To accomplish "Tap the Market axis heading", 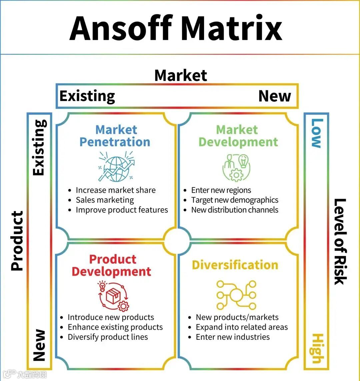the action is click(181, 75).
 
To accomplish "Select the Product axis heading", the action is click(17, 240).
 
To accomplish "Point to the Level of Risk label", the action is click(340, 241).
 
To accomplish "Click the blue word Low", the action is click(316, 133).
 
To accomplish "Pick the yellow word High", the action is click(316, 348).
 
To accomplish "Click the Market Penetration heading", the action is click(115, 136).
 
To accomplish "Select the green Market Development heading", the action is click(238, 136).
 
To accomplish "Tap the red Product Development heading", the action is click(112, 265).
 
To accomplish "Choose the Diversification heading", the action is click(235, 265).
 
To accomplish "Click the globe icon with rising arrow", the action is click(116, 166).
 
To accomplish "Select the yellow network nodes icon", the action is click(236, 295).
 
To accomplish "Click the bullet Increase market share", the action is click(115, 190).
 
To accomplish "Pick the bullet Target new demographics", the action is click(235, 200).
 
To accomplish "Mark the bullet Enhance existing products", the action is click(115, 327).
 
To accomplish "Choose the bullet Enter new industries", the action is click(233, 337).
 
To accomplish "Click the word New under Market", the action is click(275, 96).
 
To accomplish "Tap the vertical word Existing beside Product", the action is click(39, 147).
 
